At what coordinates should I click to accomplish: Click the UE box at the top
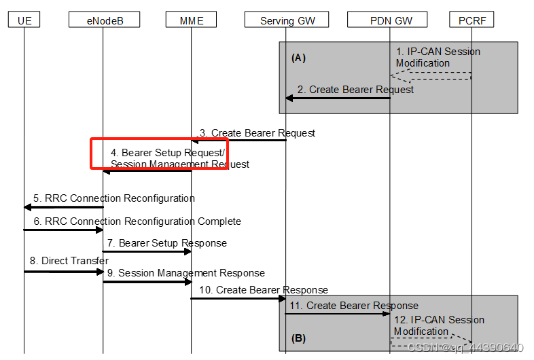tap(24, 20)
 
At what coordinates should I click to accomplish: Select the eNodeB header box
tap(104, 20)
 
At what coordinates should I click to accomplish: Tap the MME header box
tap(191, 20)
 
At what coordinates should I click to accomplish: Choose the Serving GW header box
tap(287, 20)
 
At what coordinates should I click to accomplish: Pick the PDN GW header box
tap(390, 20)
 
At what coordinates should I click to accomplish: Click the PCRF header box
tap(471, 20)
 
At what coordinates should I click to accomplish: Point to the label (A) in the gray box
tap(298, 58)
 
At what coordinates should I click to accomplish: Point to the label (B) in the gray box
tap(298, 338)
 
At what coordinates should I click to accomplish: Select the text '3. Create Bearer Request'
tap(257, 133)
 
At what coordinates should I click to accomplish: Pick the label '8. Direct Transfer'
tap(69, 260)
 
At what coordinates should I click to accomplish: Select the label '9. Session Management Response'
tap(185, 273)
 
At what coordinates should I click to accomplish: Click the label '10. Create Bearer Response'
tap(260, 290)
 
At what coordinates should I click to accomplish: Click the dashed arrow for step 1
tap(431, 75)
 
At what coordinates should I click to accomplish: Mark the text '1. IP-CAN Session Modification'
tap(438, 57)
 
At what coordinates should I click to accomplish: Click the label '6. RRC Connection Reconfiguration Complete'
tap(137, 221)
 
